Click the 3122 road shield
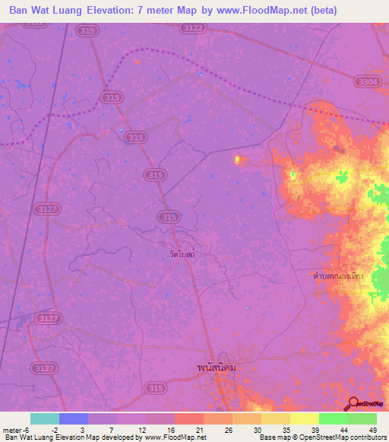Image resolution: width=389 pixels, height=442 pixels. pos(193,28)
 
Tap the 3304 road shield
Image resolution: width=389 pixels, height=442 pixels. pos(365,81)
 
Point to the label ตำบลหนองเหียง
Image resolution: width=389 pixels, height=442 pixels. pos(339,275)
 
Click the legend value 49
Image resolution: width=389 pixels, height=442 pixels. pos(372,431)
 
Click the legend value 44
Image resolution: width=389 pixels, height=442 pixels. pos(344,431)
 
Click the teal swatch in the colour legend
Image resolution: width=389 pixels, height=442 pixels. pos(45,418)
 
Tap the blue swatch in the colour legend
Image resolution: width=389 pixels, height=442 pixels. pos(74,418)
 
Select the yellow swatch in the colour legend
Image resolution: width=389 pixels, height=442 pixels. pos(305,418)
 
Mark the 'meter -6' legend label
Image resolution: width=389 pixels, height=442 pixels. pos(16,431)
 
